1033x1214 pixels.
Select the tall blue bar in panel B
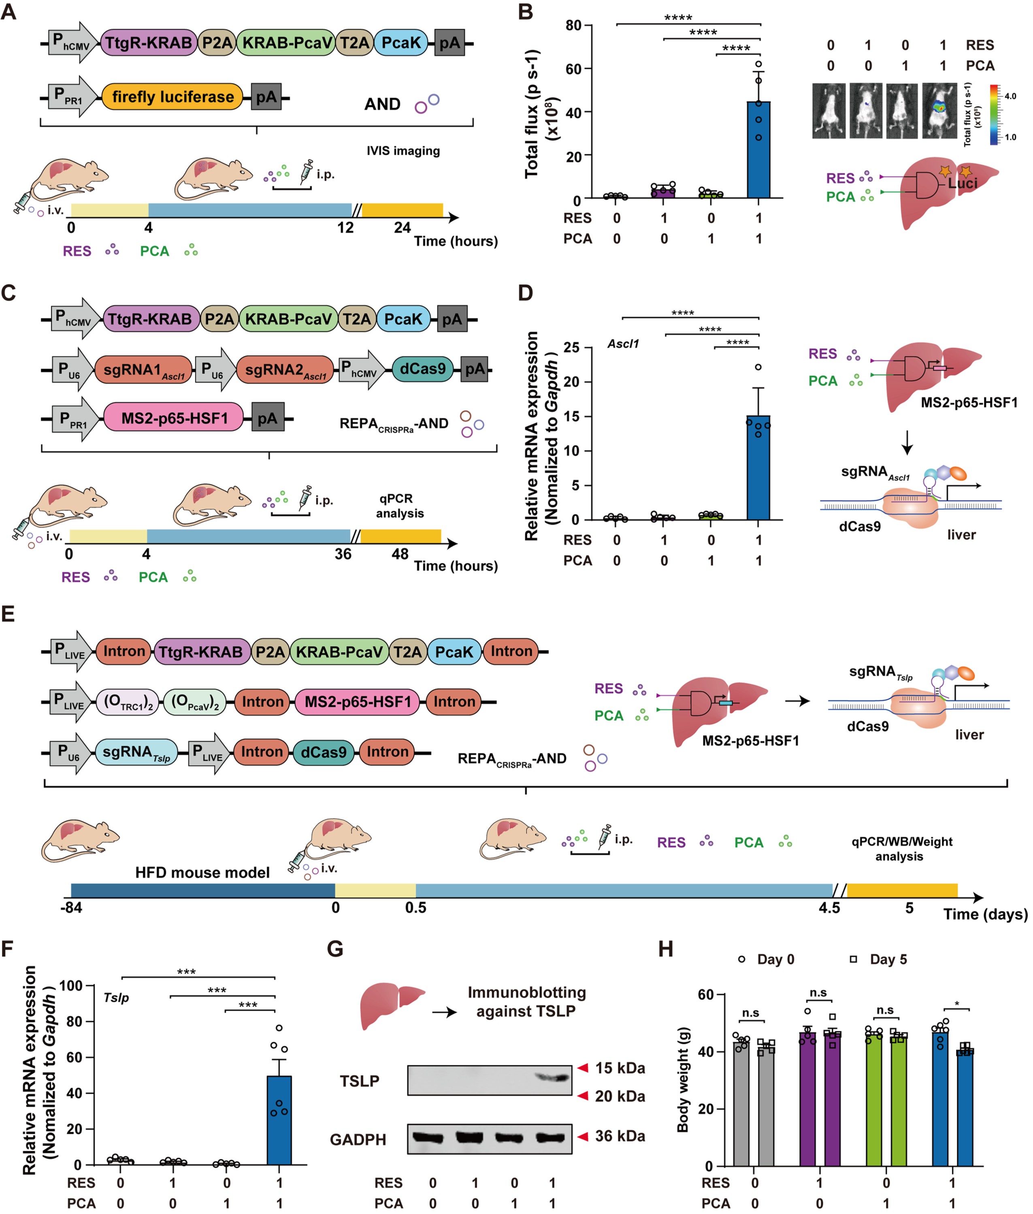click(x=758, y=150)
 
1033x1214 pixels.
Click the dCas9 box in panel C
click(x=423, y=369)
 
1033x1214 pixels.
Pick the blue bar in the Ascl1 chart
click(x=758, y=468)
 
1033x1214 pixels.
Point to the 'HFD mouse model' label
click(x=202, y=872)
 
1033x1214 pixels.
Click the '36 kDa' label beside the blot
click(x=620, y=1136)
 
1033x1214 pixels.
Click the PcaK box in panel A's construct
click(x=401, y=43)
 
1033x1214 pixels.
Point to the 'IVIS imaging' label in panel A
click(x=403, y=151)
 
